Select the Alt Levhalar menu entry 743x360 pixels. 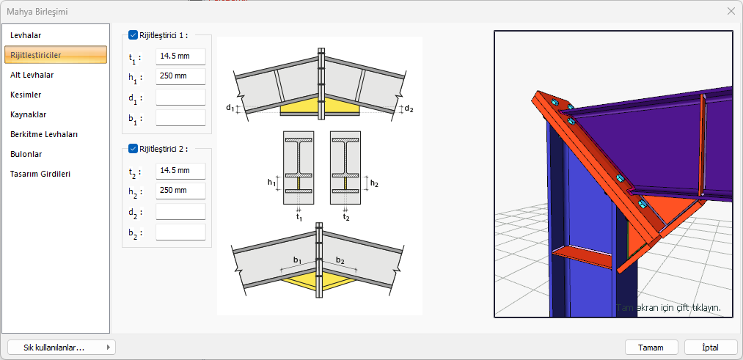(x=32, y=75)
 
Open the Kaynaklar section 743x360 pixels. (x=28, y=114)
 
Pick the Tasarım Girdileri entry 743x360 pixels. (x=40, y=174)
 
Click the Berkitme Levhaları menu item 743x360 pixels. (x=44, y=134)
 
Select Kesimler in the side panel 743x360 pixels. (x=26, y=95)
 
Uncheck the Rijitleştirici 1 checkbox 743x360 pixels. (x=133, y=34)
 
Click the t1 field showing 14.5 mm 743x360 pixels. (x=180, y=56)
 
